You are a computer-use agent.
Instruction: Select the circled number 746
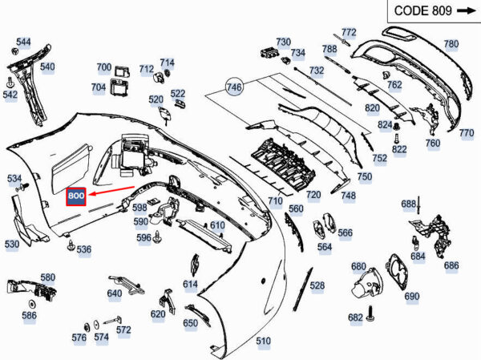click(x=234, y=87)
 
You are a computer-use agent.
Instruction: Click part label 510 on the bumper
click(x=263, y=342)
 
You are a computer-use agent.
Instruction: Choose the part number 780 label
click(x=451, y=44)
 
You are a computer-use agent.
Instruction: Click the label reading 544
click(x=24, y=42)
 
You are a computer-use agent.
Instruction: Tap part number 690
click(x=412, y=297)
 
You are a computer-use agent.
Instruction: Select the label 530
click(x=12, y=244)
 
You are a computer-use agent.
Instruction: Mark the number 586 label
click(x=30, y=316)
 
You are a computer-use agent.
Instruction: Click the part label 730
click(x=284, y=42)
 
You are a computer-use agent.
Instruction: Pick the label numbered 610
click(x=217, y=226)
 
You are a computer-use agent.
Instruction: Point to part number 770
click(x=467, y=134)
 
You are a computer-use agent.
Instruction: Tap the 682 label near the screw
click(x=355, y=318)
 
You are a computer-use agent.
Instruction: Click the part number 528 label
click(x=317, y=285)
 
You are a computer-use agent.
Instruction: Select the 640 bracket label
click(x=115, y=293)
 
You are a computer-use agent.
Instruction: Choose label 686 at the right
click(x=451, y=265)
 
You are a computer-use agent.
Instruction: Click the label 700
click(x=104, y=67)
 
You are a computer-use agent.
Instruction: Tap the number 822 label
click(x=400, y=149)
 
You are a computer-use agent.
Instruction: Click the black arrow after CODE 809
click(x=465, y=10)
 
